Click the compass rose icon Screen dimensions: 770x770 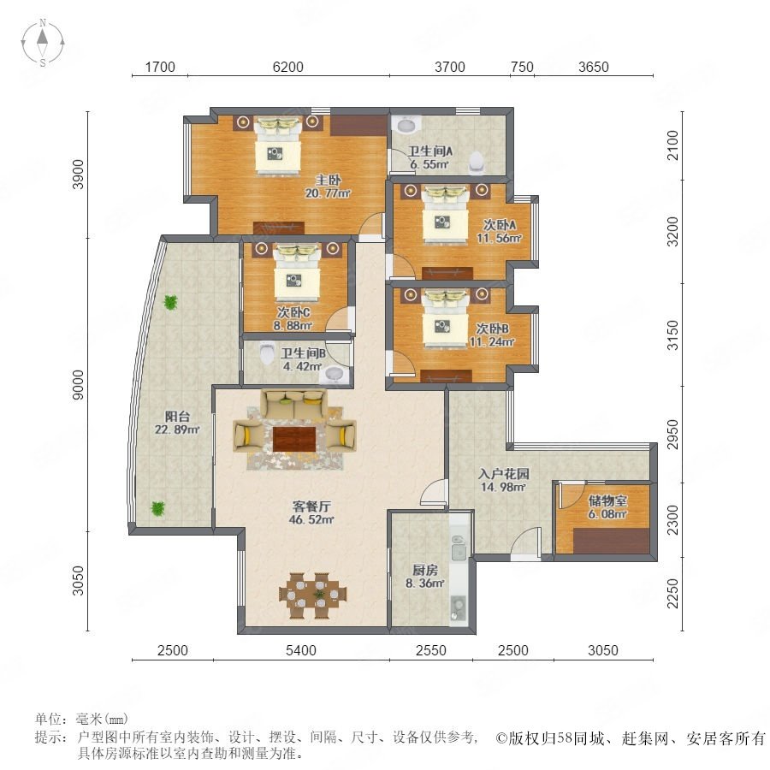43,43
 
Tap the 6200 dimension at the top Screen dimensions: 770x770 287,67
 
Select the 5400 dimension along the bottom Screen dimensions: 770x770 300,650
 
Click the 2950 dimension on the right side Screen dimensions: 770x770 672,434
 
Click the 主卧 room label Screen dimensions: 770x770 328,181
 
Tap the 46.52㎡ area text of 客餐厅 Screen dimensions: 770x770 311,519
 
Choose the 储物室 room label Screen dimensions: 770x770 608,500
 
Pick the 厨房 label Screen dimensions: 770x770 424,570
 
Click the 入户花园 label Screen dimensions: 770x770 504,474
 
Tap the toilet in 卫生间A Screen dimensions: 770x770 476,163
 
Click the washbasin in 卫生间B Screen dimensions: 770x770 335,376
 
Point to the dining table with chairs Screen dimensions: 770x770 313,595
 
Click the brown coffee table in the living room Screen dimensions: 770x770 293,439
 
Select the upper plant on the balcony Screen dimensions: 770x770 170,302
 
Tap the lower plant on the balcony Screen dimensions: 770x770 157,508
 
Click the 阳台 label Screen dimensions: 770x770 177,417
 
